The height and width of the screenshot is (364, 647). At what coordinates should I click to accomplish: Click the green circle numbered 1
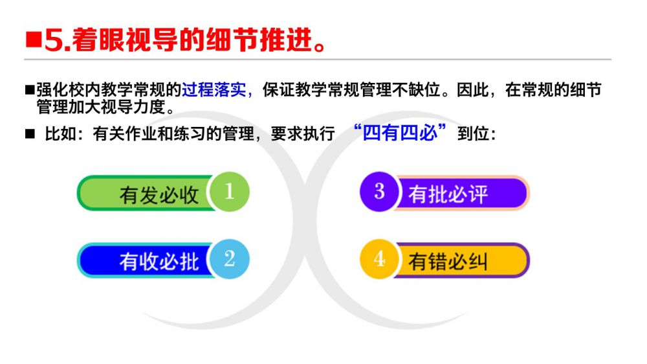(230, 192)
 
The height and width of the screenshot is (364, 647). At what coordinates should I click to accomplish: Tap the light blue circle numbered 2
(230, 260)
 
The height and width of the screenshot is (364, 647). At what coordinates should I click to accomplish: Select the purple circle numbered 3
(380, 192)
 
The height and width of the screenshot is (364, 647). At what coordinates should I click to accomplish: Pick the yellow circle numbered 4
(380, 260)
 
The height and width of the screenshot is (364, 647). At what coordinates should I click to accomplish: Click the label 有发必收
(159, 194)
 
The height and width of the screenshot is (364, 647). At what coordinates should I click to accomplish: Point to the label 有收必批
(159, 262)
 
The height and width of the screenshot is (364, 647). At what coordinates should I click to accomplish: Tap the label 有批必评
(448, 194)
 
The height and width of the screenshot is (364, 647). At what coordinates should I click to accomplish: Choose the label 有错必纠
(448, 262)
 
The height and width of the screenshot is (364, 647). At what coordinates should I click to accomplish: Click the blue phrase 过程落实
(214, 89)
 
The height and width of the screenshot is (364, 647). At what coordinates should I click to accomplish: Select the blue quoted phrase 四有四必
(400, 133)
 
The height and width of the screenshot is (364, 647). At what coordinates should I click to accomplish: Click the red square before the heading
(34, 40)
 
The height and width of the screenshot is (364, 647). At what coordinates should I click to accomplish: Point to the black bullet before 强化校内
(30, 89)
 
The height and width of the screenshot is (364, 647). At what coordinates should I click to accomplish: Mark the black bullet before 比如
(30, 133)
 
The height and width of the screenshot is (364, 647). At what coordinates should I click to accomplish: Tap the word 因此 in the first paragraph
(472, 89)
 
